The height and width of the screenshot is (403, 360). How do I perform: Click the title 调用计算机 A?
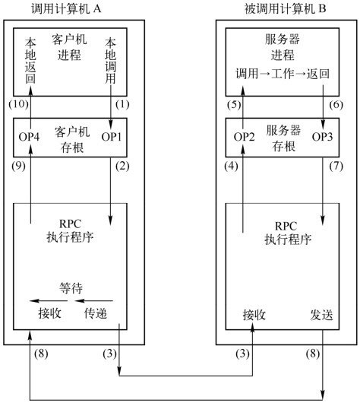coord(66,9)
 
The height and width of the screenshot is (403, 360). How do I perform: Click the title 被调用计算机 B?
coord(285,9)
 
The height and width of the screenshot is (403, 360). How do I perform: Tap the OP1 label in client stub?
coord(111,137)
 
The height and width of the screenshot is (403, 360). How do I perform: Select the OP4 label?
coord(29,137)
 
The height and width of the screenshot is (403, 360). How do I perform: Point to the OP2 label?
coord(244,137)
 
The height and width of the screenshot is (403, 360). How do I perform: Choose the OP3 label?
coord(322,137)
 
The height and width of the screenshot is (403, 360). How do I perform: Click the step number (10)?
coord(18,104)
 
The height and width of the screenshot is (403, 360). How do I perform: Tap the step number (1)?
coord(122,104)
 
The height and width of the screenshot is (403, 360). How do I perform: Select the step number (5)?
coord(234,105)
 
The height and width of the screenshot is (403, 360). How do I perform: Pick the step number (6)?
coord(336,105)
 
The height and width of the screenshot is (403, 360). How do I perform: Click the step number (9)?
coord(18,167)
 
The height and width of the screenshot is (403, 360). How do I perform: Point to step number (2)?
coord(122,167)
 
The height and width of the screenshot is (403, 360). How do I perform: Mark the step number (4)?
coord(231,167)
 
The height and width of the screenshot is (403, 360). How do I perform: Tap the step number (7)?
coord(336,167)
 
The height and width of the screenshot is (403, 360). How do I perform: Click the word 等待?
coord(71,288)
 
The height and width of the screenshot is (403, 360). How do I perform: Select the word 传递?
coord(95,313)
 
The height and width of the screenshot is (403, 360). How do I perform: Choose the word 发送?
coord(321,315)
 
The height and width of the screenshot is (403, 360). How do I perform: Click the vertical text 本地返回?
coord(30,61)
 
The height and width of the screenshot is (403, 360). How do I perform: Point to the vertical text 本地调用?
coord(110,61)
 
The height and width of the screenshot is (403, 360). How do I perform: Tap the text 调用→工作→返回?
coord(283,74)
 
